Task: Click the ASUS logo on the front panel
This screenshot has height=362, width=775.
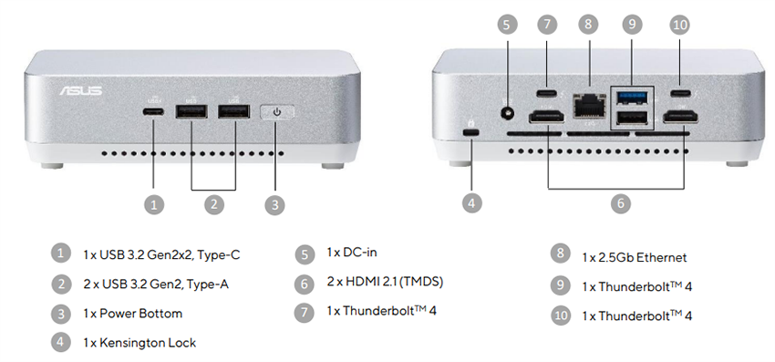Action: [80, 91]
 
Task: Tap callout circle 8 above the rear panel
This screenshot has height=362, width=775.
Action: [588, 25]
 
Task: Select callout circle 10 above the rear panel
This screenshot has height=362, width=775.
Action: [679, 25]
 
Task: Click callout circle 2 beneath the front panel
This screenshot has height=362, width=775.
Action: [214, 204]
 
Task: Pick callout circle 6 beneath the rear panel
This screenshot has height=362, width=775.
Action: [620, 203]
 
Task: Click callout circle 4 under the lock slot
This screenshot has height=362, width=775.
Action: [471, 203]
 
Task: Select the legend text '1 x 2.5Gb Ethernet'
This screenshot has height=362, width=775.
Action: [634, 257]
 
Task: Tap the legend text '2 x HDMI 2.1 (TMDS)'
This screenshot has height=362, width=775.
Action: [384, 282]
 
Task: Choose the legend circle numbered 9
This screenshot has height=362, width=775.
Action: [560, 286]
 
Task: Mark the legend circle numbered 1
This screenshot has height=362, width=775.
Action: [60, 253]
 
